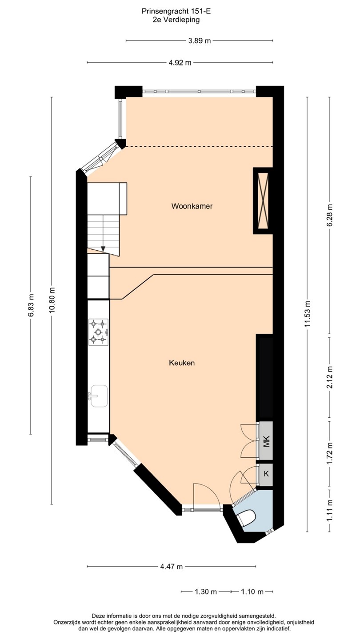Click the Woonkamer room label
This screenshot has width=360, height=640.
(x=192, y=206)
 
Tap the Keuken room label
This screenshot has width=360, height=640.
(x=182, y=363)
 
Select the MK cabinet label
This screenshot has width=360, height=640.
(x=266, y=441)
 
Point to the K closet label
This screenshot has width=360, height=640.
(x=266, y=474)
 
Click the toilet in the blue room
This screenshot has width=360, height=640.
(x=246, y=518)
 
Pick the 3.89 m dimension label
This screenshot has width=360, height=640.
(x=200, y=41)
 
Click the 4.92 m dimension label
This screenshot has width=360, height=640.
(x=180, y=63)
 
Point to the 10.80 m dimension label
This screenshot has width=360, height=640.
(x=52, y=300)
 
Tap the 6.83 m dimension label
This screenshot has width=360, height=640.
(x=31, y=305)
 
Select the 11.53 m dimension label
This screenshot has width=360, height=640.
(x=308, y=315)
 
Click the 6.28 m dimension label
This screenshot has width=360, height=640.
(x=329, y=215)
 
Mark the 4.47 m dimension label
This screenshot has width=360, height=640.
(x=171, y=567)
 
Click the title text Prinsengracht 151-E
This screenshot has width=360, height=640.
(x=176, y=12)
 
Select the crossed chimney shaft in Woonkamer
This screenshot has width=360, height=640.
(x=263, y=200)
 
